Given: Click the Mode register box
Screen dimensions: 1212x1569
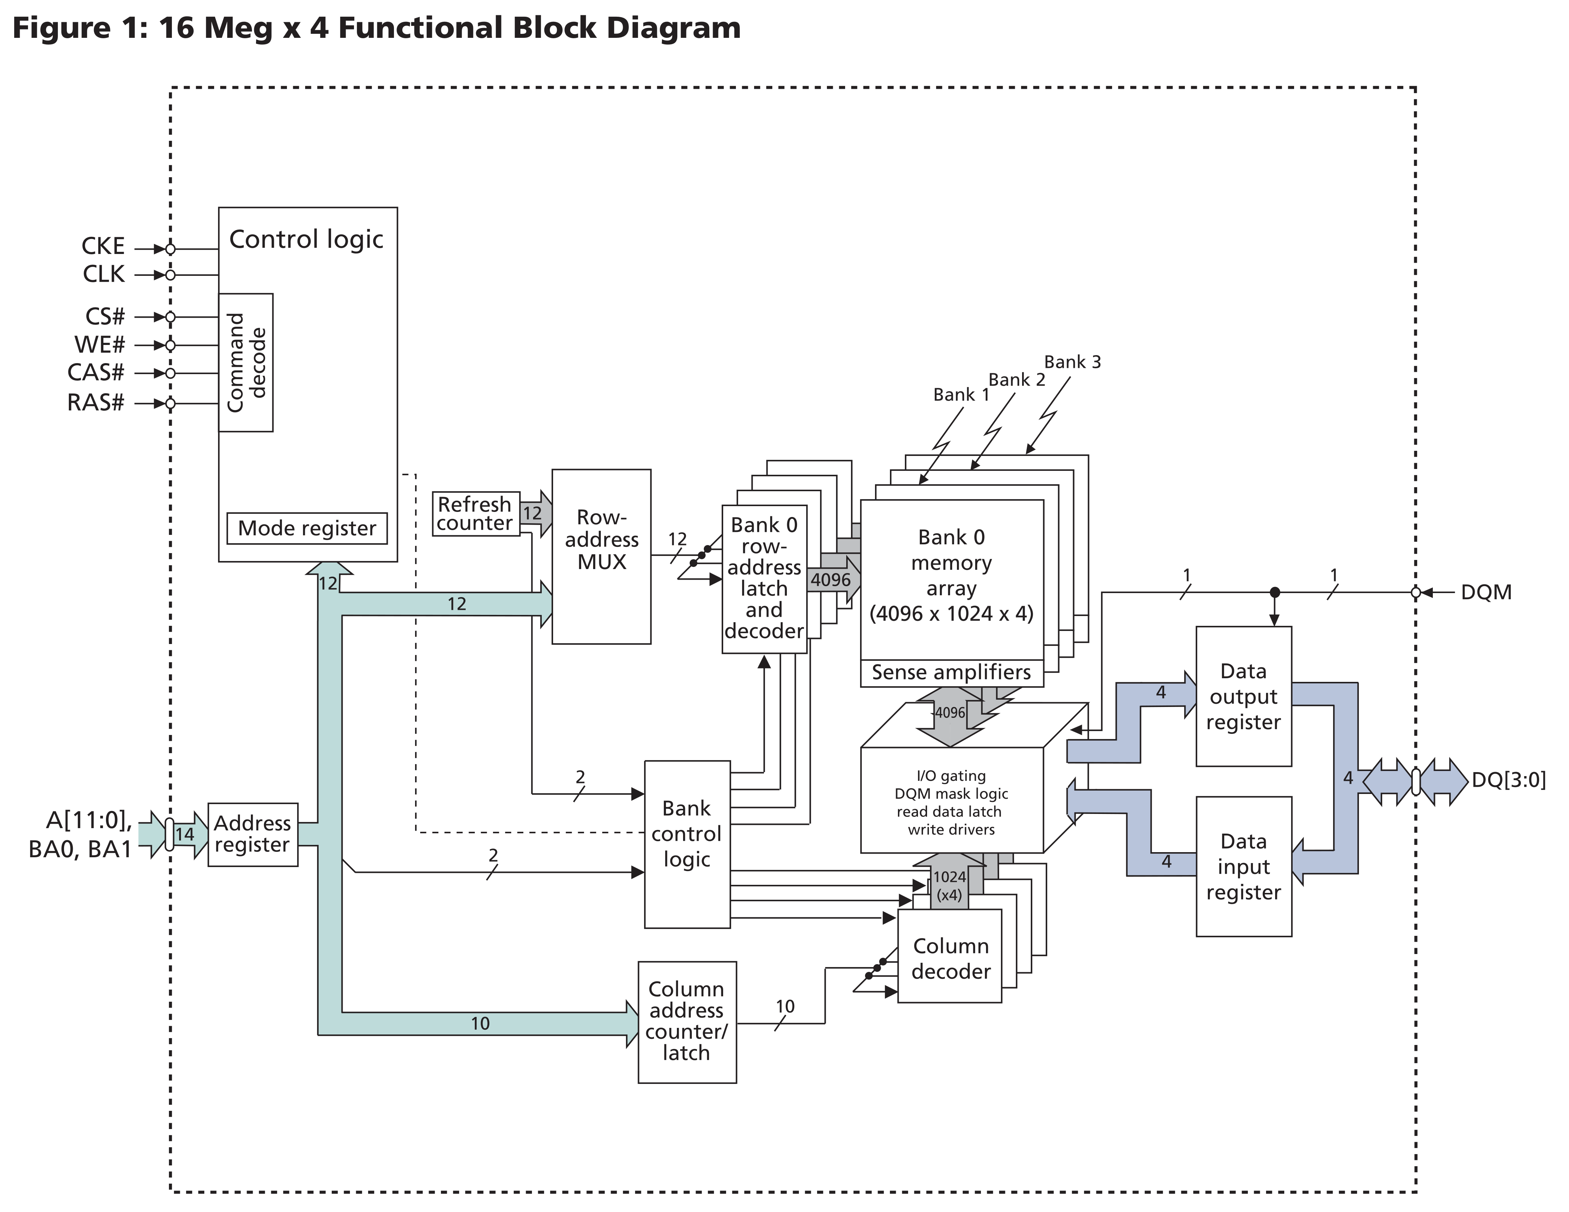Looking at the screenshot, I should click(x=307, y=528).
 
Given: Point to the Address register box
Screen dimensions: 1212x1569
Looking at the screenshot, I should click(x=252, y=834).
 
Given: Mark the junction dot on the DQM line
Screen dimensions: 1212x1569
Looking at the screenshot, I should click(x=1274, y=592).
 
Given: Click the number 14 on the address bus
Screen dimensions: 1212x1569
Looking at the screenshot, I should click(x=185, y=834).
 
